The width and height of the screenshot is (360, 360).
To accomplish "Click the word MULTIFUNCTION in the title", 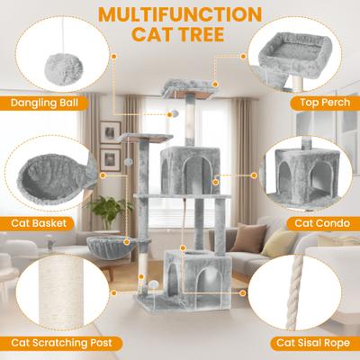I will tap(180, 15).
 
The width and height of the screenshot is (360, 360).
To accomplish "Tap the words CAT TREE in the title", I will tap(180, 38).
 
